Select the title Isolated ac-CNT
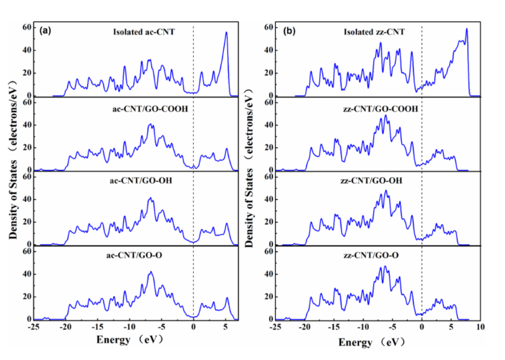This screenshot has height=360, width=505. (x=144, y=32)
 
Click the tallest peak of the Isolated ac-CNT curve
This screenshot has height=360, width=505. (x=226, y=33)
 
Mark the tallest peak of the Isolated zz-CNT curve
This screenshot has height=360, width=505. (x=467, y=28)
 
